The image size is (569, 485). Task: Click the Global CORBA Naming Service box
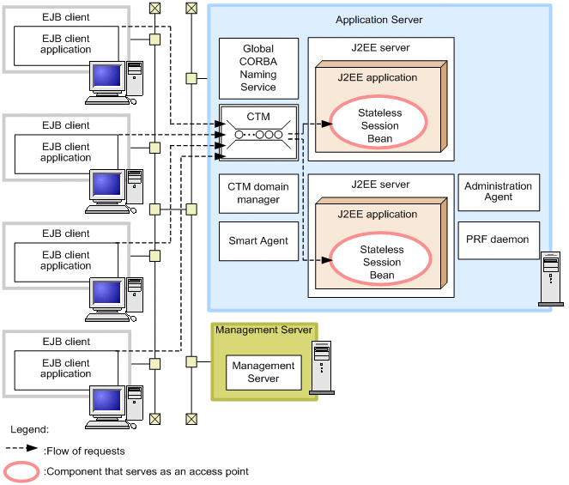point(258,69)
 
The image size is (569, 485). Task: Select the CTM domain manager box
point(258,193)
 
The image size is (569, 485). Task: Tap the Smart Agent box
point(258,241)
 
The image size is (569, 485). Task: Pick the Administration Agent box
point(498,191)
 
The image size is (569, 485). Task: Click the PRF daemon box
point(498,239)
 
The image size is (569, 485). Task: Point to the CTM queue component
point(258,134)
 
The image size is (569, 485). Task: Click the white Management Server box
point(263,372)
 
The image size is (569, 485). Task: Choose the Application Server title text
point(378,19)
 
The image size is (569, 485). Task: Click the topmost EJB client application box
point(66,45)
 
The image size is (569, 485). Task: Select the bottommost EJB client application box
point(66,369)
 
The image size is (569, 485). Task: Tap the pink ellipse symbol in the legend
point(21,471)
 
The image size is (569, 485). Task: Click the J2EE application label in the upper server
point(378,77)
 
